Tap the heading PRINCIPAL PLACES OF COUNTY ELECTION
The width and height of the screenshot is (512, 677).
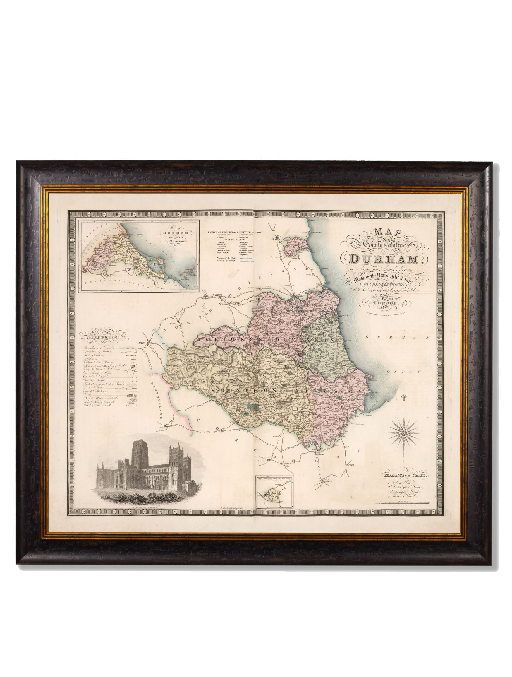[x=235, y=232]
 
